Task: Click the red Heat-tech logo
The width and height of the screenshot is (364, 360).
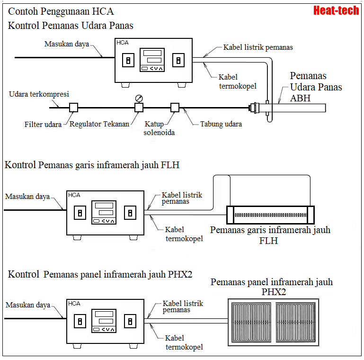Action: [x=336, y=10]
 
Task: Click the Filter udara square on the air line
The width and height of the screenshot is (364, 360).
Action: [x=73, y=108]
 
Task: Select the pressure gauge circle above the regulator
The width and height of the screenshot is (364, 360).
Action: [x=139, y=98]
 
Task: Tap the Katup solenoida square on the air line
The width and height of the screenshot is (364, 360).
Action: [x=175, y=108]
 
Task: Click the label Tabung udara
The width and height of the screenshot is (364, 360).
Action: [x=221, y=124]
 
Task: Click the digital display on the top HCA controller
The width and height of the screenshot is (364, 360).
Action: [x=152, y=60]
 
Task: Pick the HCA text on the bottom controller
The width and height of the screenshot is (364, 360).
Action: [x=74, y=304]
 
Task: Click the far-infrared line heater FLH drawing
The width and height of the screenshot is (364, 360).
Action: [x=270, y=215]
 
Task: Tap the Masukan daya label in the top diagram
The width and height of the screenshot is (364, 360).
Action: [x=67, y=44]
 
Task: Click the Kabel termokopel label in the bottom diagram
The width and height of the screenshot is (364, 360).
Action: [x=184, y=342]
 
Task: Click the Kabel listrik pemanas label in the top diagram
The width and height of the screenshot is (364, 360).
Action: [x=258, y=47]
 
